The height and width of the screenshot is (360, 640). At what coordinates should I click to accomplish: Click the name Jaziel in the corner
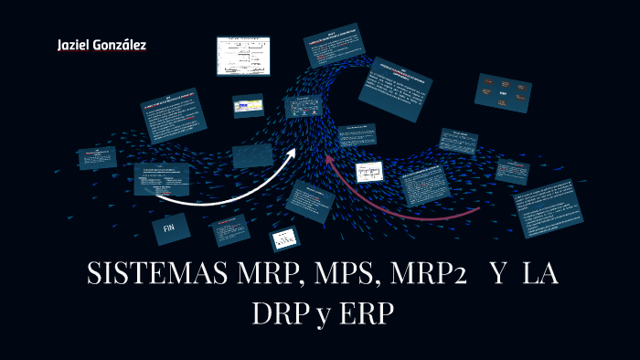tap(72, 45)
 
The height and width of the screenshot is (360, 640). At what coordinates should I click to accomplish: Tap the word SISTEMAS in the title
tap(154, 275)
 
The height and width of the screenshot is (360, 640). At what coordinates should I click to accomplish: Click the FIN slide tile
tap(169, 228)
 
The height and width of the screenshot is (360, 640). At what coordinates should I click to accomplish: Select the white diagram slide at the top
tap(244, 56)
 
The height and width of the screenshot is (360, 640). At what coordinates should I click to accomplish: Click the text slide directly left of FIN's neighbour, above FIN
tap(162, 178)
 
